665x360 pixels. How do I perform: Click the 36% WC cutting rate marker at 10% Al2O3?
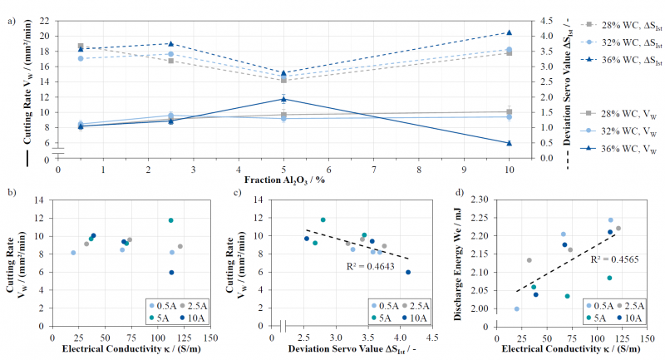point(510,143)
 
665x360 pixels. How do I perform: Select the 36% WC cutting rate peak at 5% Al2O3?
point(283,99)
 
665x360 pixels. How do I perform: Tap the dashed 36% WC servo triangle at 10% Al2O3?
point(510,32)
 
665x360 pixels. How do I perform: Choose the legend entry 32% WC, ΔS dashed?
point(622,43)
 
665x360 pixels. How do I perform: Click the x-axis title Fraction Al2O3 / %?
point(284,180)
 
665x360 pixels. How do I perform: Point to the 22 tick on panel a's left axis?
point(44,21)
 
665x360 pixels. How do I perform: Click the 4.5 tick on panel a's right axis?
point(546,21)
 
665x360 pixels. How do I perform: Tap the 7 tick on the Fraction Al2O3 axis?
point(374,170)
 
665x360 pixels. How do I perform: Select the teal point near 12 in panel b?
point(171,220)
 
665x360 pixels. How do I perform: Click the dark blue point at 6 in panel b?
point(172,272)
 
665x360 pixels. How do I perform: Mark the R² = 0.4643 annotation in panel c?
point(370,266)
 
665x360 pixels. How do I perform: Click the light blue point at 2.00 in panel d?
point(516,308)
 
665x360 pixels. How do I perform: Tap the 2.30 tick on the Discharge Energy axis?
point(480,200)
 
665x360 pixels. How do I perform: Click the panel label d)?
point(460,192)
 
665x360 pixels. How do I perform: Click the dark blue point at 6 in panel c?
point(408,272)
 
